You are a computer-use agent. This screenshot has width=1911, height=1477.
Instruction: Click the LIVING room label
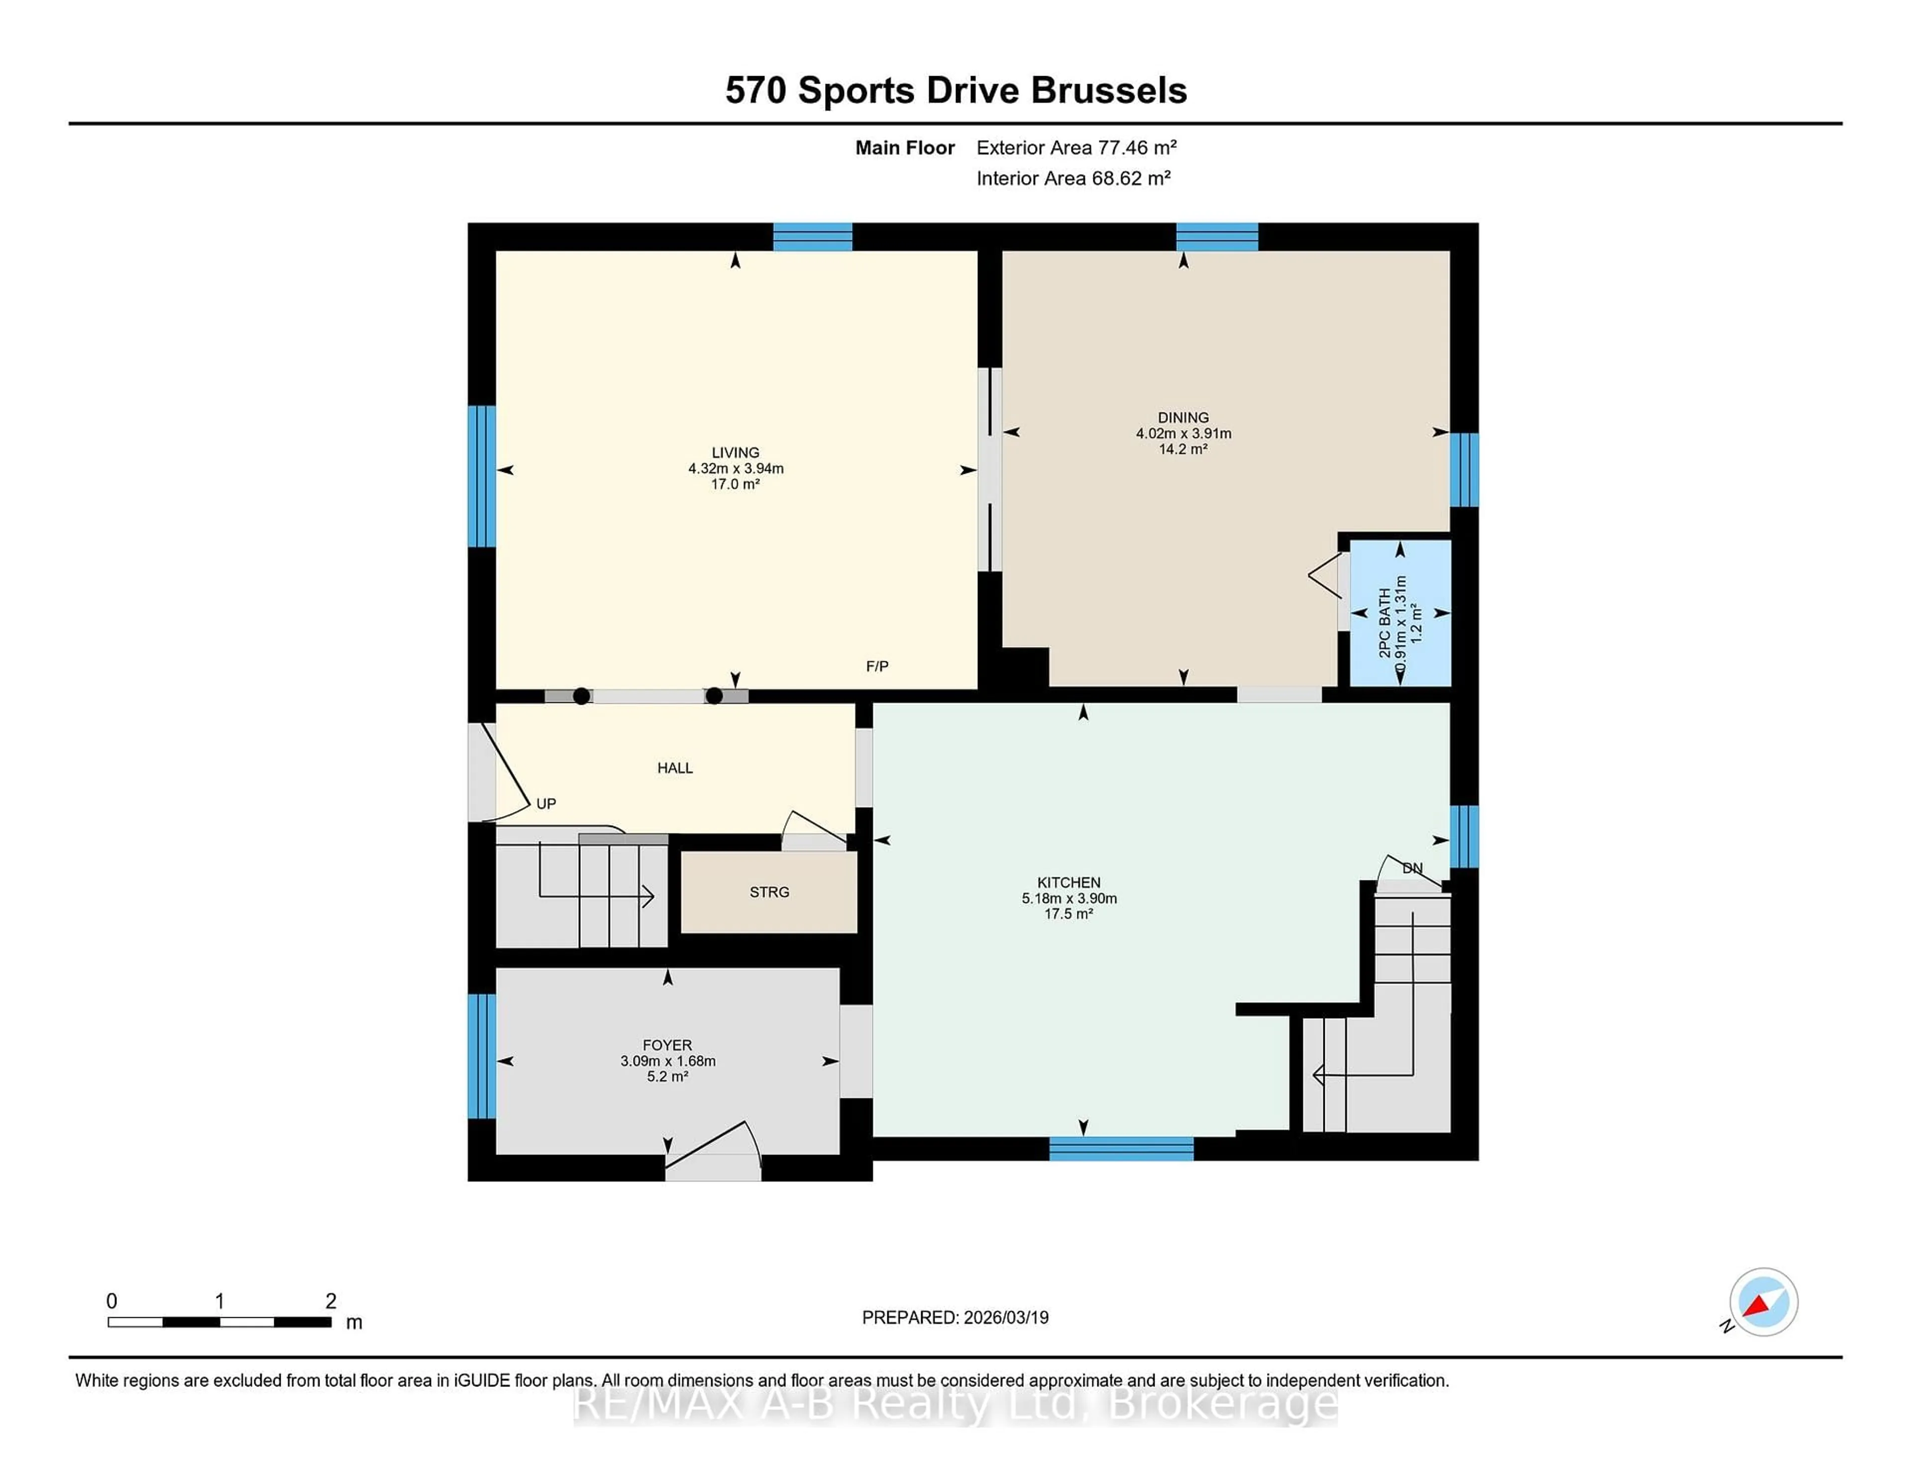coord(735,452)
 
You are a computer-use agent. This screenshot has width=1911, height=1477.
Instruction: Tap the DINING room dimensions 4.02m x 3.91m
coord(1183,433)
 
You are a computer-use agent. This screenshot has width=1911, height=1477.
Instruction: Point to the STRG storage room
coord(769,892)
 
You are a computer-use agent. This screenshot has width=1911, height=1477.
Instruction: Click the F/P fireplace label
coord(877,666)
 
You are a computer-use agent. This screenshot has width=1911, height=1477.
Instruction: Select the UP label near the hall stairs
coord(546,803)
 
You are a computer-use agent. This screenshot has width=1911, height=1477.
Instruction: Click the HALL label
coord(675,767)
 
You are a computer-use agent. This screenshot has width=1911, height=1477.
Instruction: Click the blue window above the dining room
coord(1216,237)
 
